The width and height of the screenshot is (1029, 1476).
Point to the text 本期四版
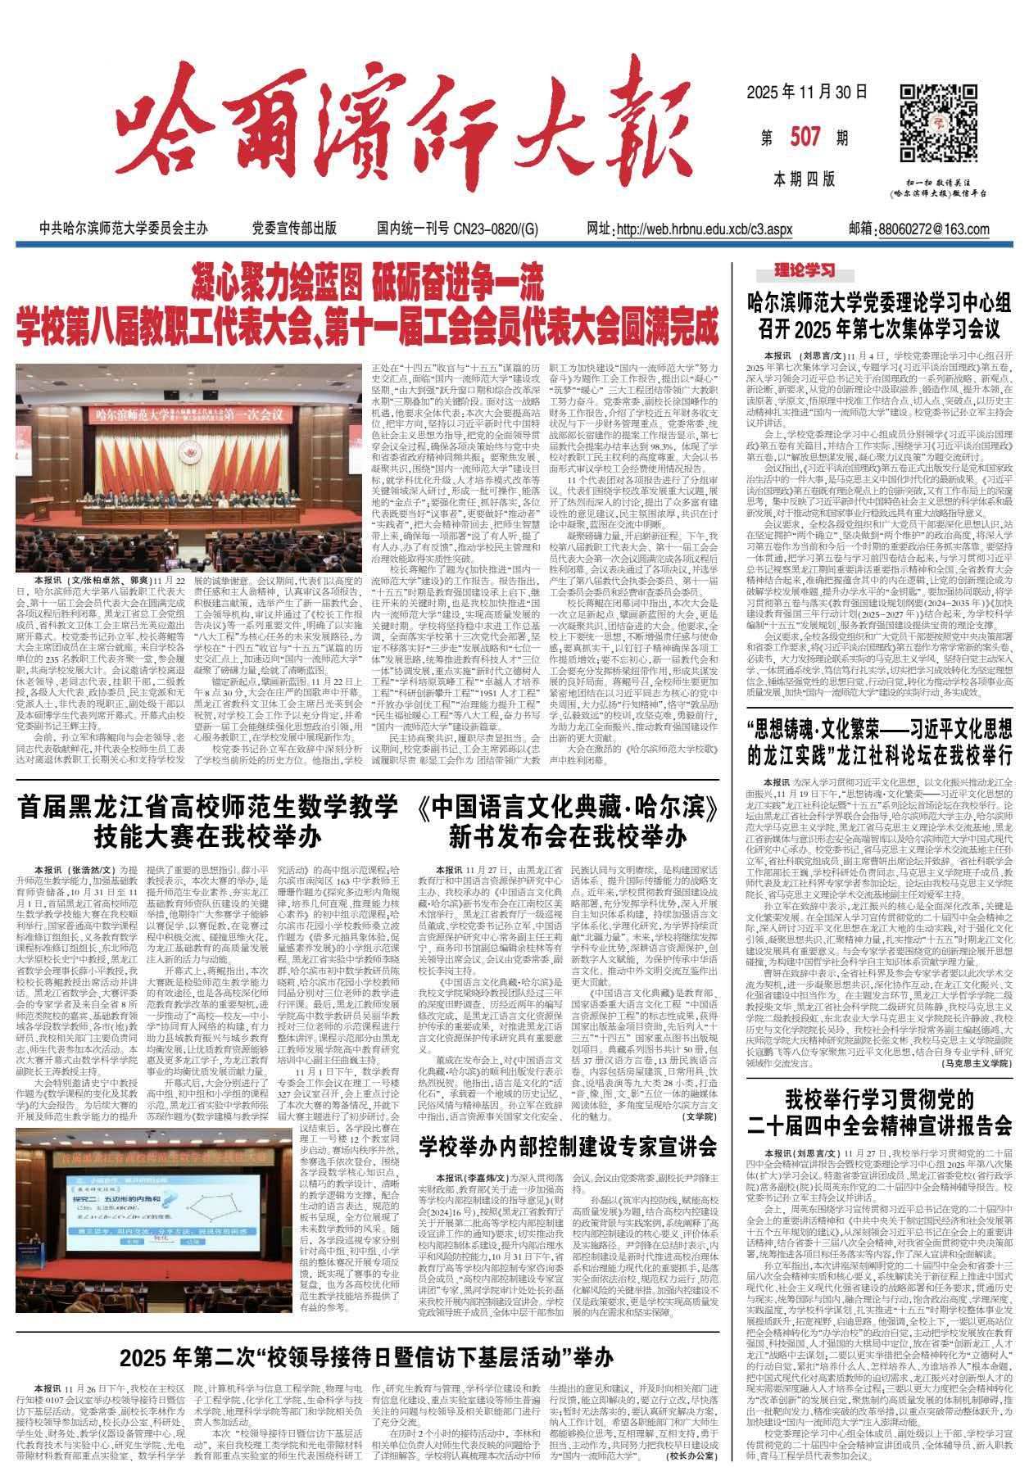[803, 178]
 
